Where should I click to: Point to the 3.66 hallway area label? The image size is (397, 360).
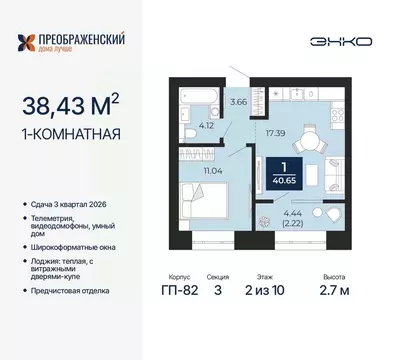(x=238, y=102)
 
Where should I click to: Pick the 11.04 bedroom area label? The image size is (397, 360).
(x=219, y=172)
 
